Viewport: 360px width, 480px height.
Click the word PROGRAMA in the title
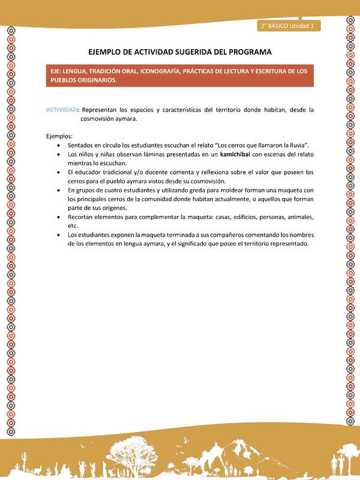point(246,52)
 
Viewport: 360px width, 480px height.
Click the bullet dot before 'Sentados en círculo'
point(57,146)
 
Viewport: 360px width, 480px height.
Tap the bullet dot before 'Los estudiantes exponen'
point(57,235)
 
